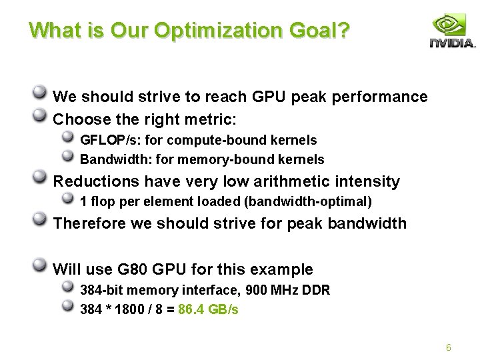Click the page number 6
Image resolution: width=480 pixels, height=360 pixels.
tap(449, 347)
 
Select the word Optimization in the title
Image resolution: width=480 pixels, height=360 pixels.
tap(218, 31)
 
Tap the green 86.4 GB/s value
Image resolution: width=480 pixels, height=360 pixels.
tap(208, 309)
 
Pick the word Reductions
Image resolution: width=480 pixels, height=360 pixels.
tap(96, 181)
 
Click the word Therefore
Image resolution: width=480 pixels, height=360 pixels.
tap(89, 223)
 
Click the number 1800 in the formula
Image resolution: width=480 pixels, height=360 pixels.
tap(129, 309)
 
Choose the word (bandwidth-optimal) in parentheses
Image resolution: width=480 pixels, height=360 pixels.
tap(308, 201)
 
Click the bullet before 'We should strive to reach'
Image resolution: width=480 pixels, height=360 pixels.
tap(39, 92)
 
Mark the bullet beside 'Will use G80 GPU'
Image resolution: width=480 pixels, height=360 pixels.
tap(39, 265)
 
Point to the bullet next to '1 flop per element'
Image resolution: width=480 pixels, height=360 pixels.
tap(67, 198)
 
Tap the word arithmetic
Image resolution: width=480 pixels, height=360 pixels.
tap(291, 181)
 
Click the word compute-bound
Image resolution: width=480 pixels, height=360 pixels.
tap(216, 140)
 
